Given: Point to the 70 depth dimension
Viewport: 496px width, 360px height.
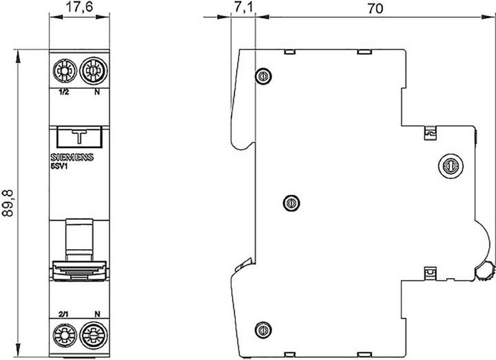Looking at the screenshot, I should (375, 9).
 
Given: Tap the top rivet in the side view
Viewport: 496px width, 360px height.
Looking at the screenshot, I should (262, 76).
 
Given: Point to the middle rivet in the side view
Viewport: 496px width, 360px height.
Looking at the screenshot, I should (290, 202).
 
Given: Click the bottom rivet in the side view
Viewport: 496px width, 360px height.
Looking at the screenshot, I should (262, 329).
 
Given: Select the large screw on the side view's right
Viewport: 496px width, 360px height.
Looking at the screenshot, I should (448, 165).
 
